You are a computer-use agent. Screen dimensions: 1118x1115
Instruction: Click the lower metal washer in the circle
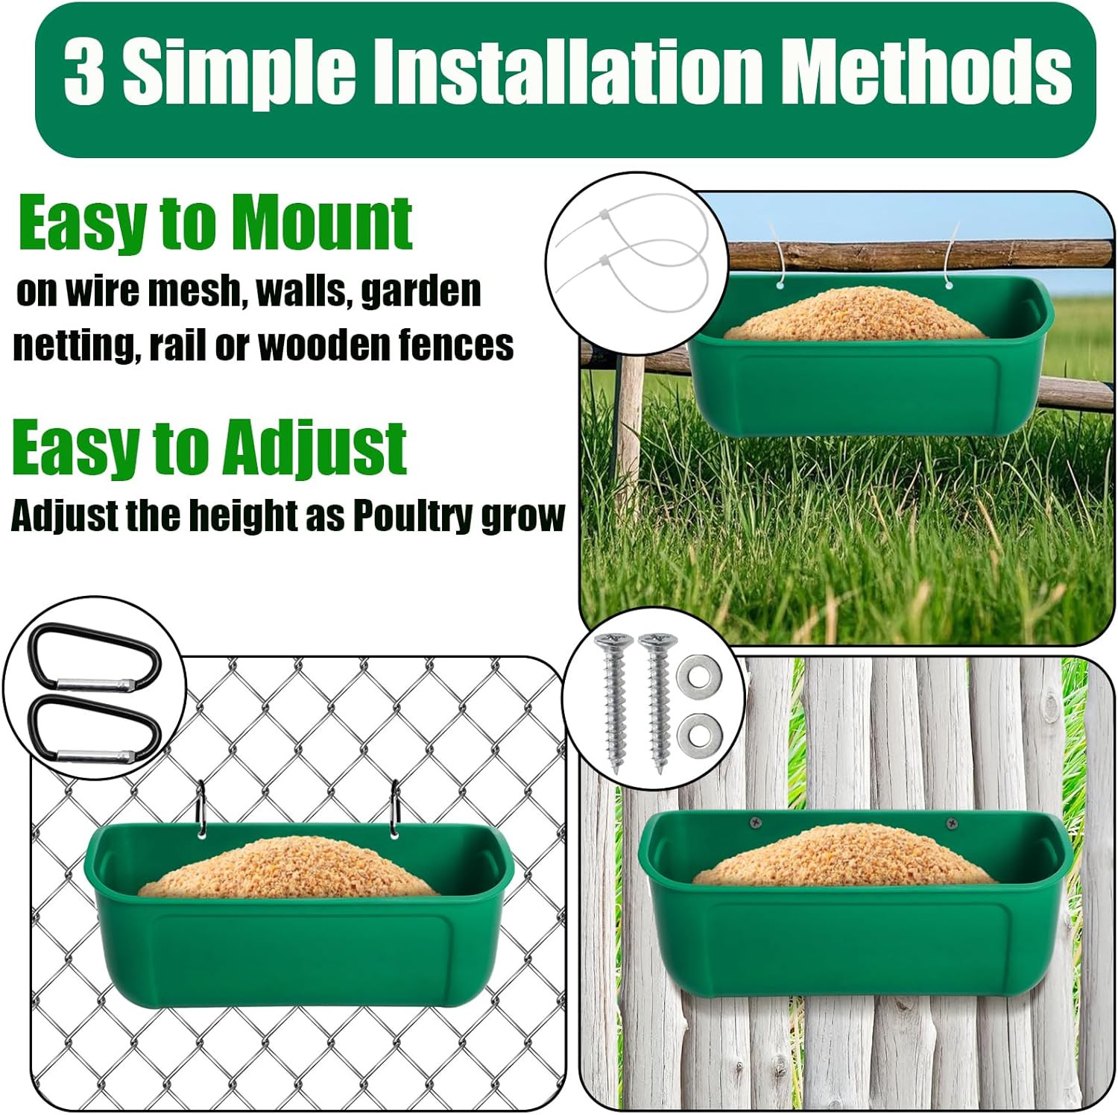click(x=699, y=733)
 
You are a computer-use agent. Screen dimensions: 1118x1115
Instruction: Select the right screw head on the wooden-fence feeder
click(x=952, y=823)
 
